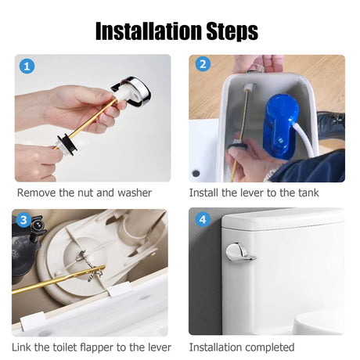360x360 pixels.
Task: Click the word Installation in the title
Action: pos(149,31)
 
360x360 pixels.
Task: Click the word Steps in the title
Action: pos(232,32)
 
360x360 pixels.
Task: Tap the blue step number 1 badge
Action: pos(27,67)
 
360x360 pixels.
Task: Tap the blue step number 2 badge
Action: pos(203,64)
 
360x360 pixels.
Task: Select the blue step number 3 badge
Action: pos(23,220)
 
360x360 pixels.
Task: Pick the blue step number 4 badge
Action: pos(203,220)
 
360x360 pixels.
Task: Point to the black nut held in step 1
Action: pos(67,143)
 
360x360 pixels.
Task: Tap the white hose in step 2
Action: pos(304,139)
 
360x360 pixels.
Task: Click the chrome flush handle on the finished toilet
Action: pos(240,252)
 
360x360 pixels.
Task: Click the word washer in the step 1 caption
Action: pos(135,193)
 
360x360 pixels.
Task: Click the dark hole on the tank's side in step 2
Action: pos(196,173)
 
